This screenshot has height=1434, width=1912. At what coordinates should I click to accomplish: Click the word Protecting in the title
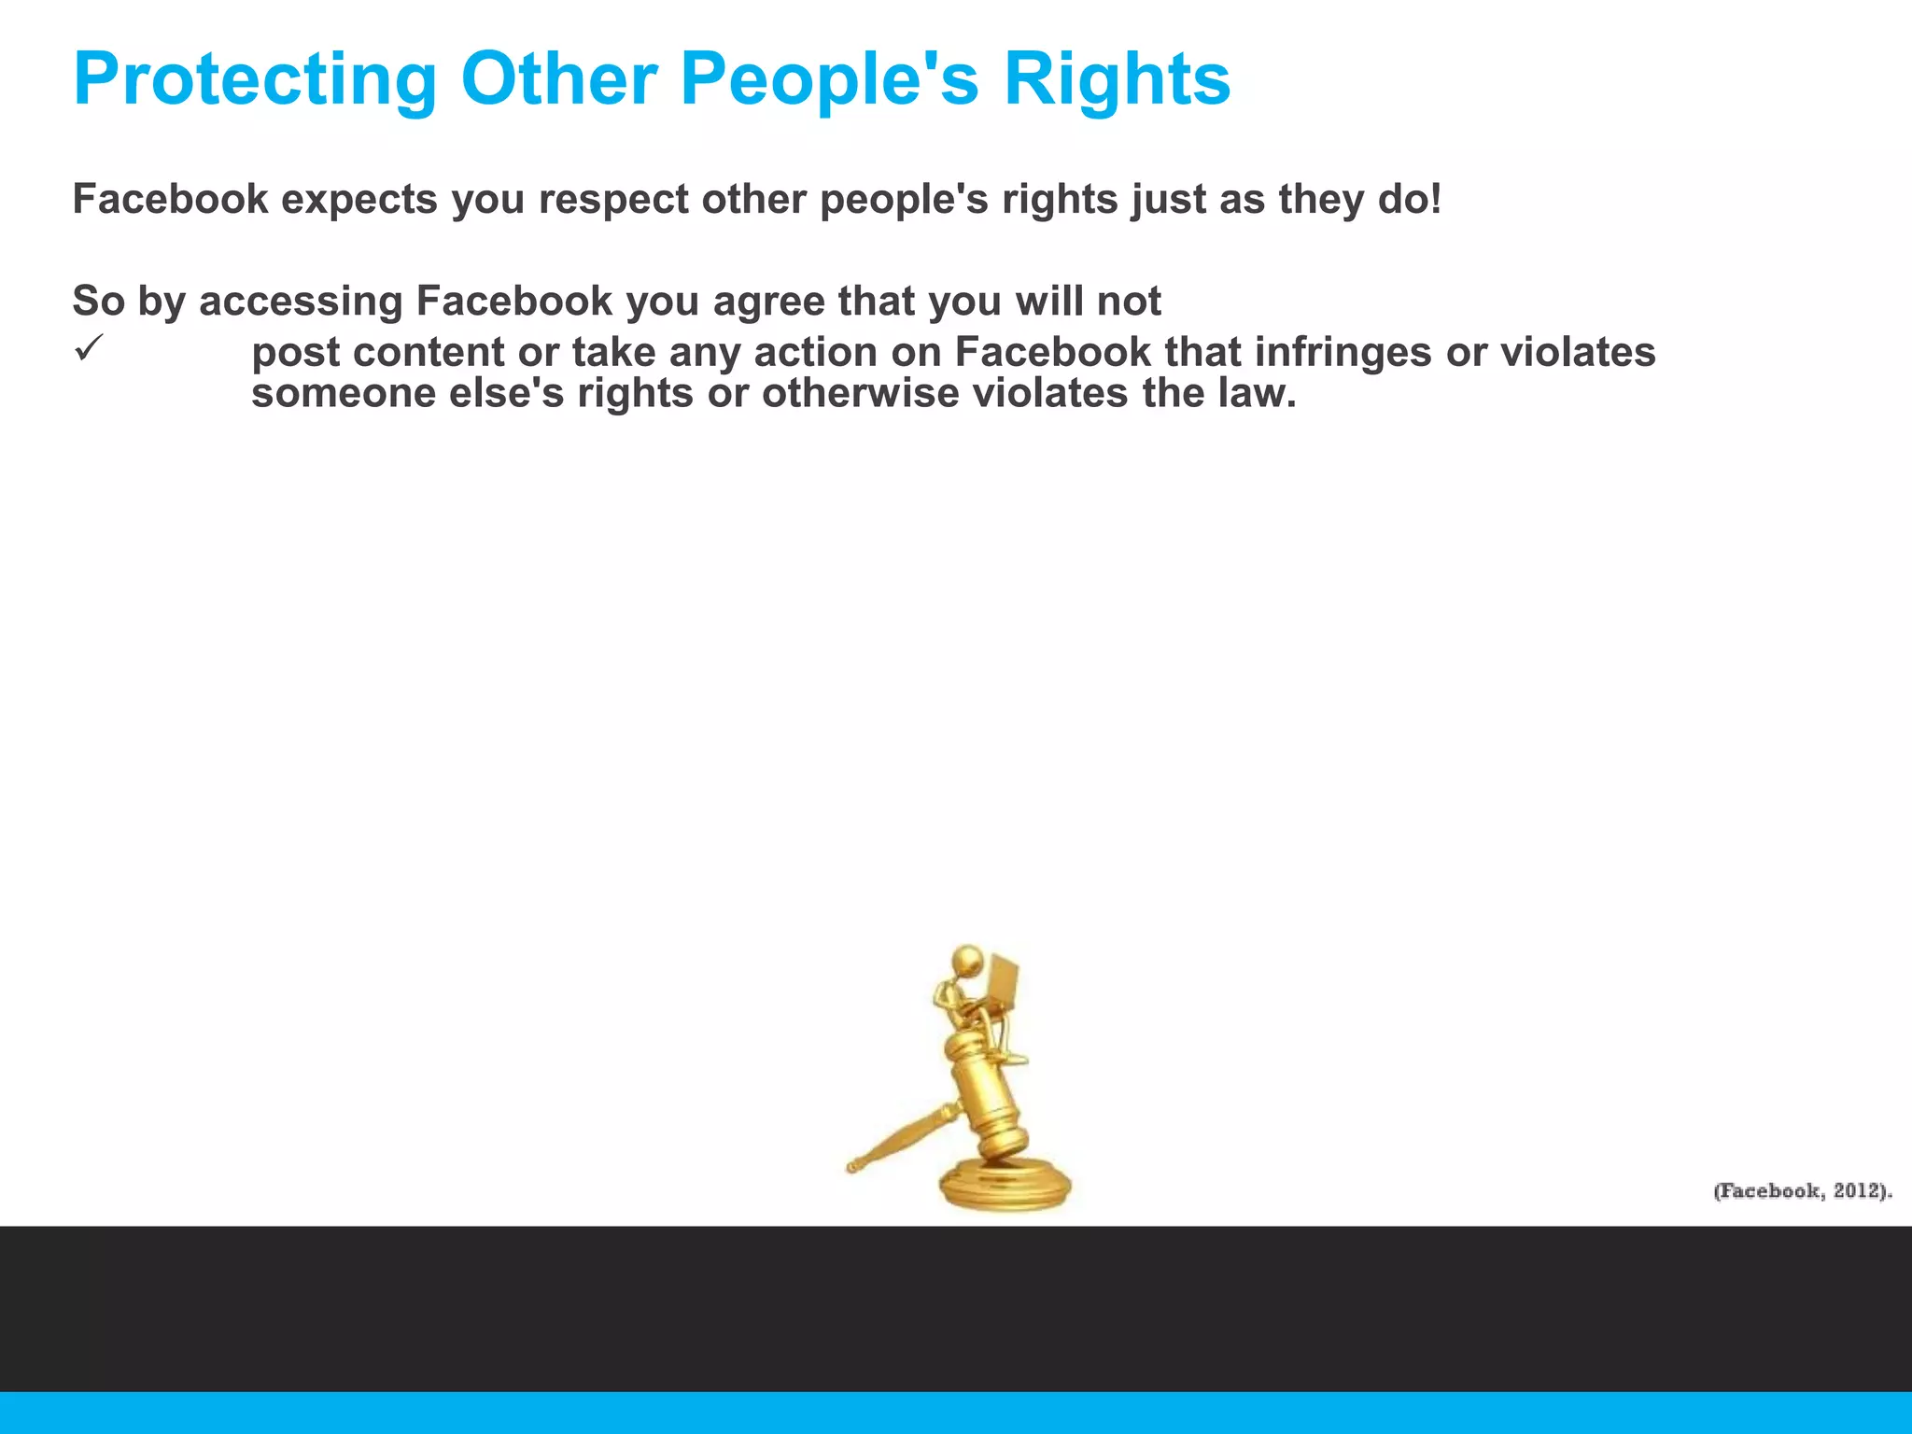(x=255, y=80)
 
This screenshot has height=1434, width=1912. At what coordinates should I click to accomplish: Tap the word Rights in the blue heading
(x=1117, y=80)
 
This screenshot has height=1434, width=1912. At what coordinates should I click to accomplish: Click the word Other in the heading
(x=558, y=80)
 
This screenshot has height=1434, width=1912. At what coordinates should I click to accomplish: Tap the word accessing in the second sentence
(x=301, y=302)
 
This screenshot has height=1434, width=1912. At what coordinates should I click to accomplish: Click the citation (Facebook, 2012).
(x=1802, y=1191)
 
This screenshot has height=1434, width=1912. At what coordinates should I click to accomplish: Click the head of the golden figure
(x=967, y=961)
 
